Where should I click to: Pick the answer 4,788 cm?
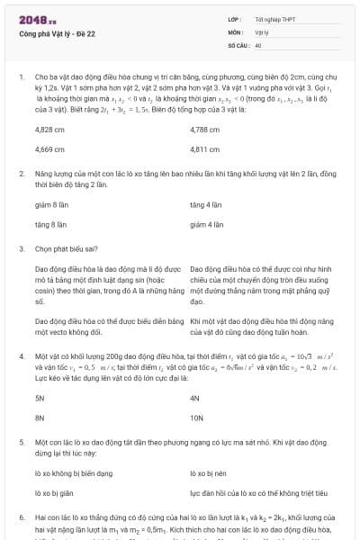click(205, 130)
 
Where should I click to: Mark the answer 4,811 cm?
click(205, 148)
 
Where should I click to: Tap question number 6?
click(21, 519)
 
